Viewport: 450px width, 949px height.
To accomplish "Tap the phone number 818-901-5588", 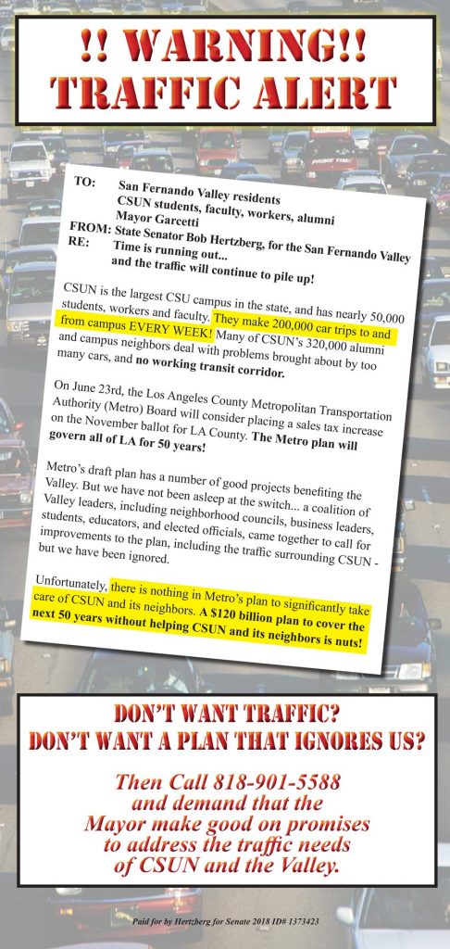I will (x=277, y=780).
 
